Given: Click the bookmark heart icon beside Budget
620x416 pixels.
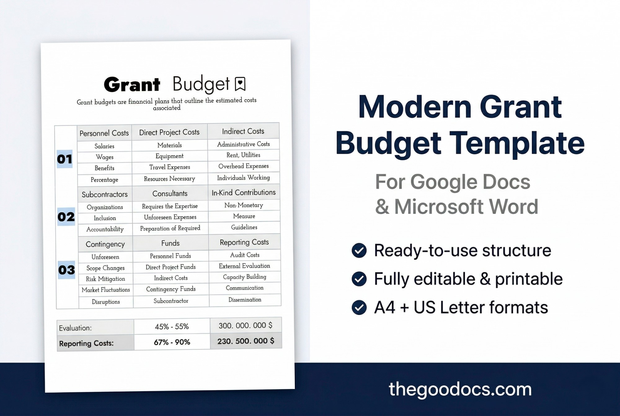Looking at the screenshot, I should pos(240,84).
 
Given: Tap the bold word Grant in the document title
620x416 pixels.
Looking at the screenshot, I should pos(132,85).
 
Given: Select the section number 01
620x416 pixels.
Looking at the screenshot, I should pos(64,159).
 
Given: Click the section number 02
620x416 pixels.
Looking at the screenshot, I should pos(66,217).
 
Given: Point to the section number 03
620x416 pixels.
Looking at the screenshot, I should pos(67,270).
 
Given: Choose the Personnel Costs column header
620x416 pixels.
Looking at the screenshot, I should pos(104,133).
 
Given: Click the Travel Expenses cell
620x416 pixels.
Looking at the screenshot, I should pos(170,167).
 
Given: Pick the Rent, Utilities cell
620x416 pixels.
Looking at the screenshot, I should pos(243,155).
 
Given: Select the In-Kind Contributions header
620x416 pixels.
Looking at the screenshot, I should pos(244,193).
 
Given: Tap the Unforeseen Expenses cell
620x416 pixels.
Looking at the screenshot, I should pos(170,217).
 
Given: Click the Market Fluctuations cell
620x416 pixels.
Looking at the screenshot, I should pos(106,290).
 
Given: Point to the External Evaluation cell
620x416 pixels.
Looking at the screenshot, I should pos(245,266).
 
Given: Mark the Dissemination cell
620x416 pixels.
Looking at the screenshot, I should pos(245,300).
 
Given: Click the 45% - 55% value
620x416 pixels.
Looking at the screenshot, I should pos(172,326).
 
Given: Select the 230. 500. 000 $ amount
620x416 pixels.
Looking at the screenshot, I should pos(246,341).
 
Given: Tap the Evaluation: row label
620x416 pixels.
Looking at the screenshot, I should pos(75,328).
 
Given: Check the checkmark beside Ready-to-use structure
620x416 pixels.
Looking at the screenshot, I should pos(359,250).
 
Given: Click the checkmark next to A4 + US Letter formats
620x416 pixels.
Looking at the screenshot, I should pos(359,308).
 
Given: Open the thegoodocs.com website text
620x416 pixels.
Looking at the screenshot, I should pos(460,389).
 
